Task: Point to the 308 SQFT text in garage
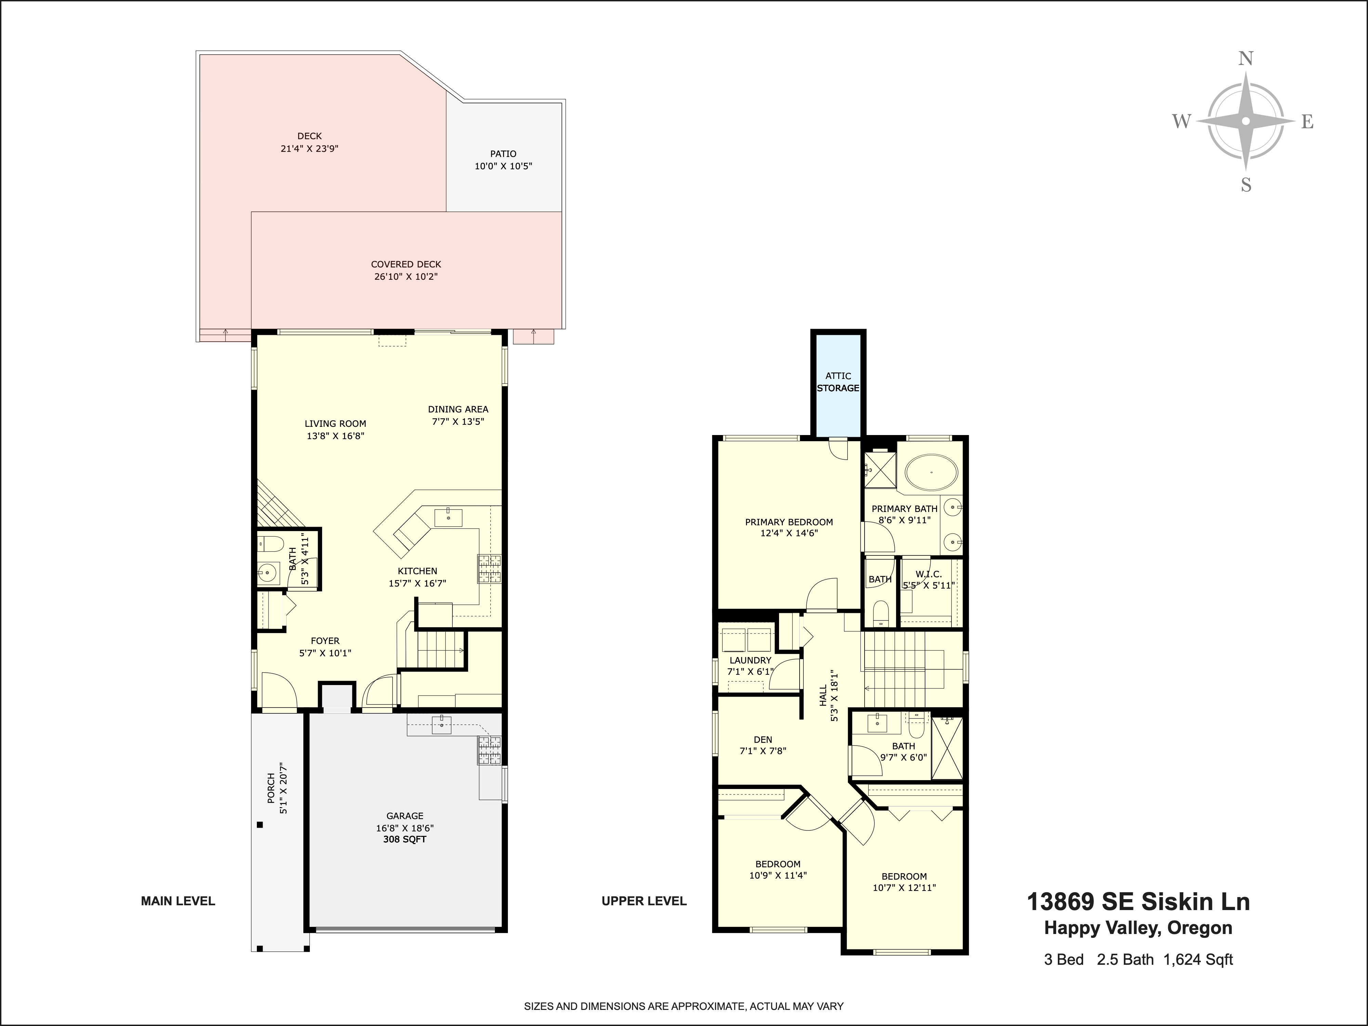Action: (x=405, y=839)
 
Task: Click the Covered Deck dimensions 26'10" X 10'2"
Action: (x=406, y=276)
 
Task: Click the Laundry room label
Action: (x=750, y=660)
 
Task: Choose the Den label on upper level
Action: (x=763, y=739)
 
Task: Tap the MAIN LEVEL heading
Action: (x=178, y=901)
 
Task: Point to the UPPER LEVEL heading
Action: (x=644, y=901)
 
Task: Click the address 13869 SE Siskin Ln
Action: (x=1138, y=902)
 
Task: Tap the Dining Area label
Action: (x=458, y=409)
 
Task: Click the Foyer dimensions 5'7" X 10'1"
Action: (x=325, y=653)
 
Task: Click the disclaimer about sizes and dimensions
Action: (x=683, y=1006)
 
